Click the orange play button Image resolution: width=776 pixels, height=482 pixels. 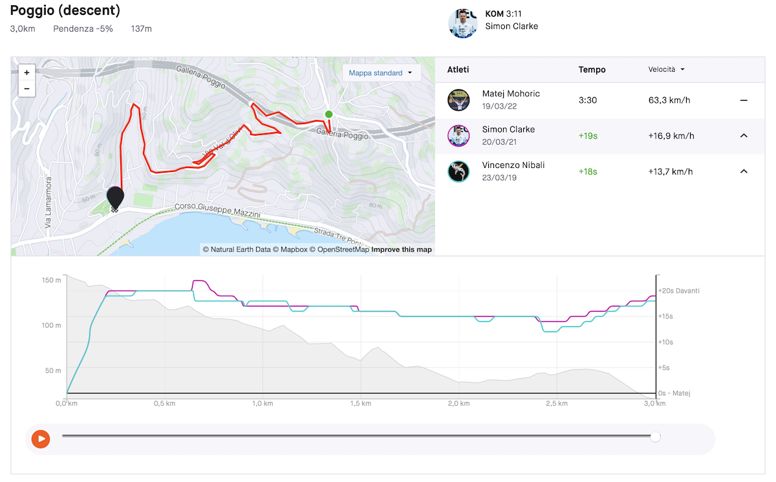(x=41, y=439)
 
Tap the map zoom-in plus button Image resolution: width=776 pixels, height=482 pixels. (x=27, y=72)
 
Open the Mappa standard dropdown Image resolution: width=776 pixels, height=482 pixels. (x=382, y=73)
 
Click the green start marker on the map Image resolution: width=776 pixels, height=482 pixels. (x=329, y=114)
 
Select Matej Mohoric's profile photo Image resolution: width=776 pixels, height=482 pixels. (x=458, y=100)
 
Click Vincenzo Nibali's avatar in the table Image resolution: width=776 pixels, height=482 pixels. (x=458, y=171)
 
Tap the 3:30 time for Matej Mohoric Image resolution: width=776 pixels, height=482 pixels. (x=588, y=100)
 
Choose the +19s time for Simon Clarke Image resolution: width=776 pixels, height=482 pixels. (x=588, y=136)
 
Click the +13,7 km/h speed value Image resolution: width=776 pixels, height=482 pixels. (x=671, y=172)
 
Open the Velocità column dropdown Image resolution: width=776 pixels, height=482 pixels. (x=666, y=69)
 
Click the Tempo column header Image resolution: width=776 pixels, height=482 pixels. (x=592, y=70)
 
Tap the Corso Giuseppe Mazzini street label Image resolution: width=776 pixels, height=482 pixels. (x=217, y=210)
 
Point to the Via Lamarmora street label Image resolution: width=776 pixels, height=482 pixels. (x=48, y=202)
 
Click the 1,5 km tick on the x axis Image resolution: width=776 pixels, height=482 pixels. (x=361, y=403)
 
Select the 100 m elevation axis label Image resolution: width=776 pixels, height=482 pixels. (x=51, y=325)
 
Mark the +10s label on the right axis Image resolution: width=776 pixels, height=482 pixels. (x=665, y=342)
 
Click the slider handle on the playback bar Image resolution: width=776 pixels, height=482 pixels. (x=655, y=437)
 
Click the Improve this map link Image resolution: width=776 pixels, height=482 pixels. (x=402, y=249)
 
